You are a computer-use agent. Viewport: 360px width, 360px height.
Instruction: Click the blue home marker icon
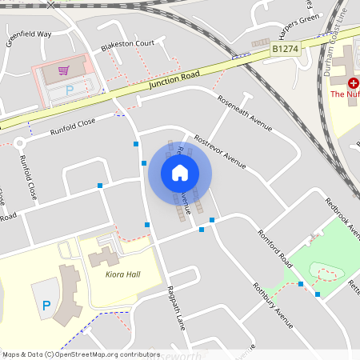[180, 173]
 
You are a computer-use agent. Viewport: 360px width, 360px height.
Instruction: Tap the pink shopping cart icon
[63, 71]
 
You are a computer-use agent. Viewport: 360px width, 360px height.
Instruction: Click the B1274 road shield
[286, 49]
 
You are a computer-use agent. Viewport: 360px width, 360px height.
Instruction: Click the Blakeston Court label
[127, 46]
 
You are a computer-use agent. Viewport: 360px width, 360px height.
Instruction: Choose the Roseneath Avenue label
[246, 114]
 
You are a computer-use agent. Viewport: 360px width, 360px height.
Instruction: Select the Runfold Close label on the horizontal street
[73, 126]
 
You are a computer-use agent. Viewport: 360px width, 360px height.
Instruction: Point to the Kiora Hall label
[122, 274]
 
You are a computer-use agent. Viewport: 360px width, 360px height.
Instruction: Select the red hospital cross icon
[353, 82]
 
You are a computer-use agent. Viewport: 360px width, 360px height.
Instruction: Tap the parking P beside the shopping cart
[69, 90]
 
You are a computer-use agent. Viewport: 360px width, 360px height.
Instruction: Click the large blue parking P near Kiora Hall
[46, 305]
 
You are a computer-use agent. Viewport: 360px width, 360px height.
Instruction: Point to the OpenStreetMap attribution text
[80, 354]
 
